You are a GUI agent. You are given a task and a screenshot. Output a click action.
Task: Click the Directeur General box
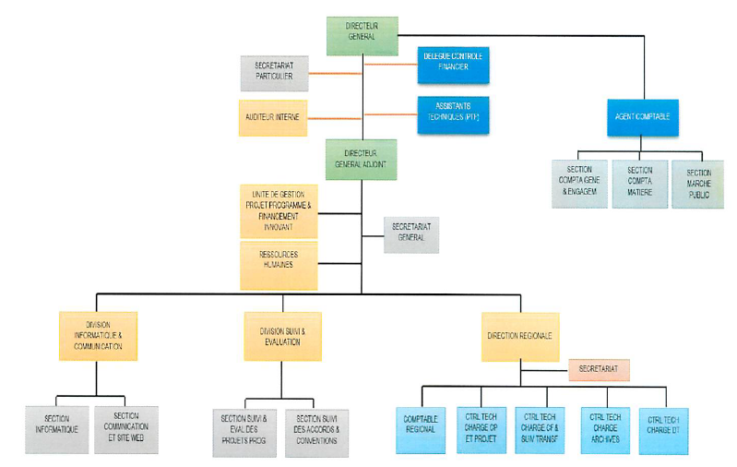[x=362, y=36]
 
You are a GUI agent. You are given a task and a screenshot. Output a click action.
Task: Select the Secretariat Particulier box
[x=274, y=74]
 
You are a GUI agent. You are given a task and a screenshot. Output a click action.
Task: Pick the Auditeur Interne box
[x=273, y=118]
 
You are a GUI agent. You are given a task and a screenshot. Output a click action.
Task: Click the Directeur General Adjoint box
[x=362, y=159]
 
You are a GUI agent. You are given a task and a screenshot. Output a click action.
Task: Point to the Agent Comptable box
[x=642, y=118]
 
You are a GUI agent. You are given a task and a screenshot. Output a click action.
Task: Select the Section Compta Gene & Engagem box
[x=580, y=183]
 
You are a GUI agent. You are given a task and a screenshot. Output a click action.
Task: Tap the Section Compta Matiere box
[x=639, y=183]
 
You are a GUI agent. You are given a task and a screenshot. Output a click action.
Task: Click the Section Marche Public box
[x=698, y=183]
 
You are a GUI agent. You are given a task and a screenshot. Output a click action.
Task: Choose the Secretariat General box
[x=411, y=234]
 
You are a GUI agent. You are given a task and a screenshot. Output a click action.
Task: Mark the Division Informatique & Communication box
[x=97, y=336]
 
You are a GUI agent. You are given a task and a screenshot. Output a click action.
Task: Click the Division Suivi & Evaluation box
[x=282, y=336]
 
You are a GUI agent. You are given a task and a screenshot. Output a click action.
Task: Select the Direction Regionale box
[x=519, y=336]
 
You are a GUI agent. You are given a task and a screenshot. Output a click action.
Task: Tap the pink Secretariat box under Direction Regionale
[x=599, y=370]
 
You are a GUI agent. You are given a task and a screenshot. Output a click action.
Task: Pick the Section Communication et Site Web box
[x=126, y=429]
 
